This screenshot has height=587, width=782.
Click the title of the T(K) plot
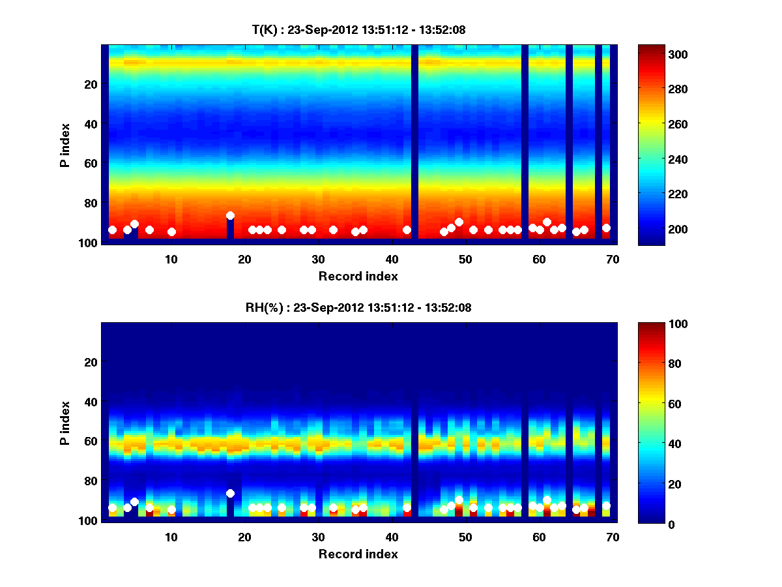pyautogui.click(x=358, y=29)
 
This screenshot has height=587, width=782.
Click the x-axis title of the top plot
pyautogui.click(x=358, y=277)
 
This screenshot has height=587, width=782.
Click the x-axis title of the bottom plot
pyautogui.click(x=358, y=554)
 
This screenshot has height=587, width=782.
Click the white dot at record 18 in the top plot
pyautogui.click(x=230, y=215)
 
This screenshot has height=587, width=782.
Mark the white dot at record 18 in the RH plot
pyautogui.click(x=230, y=494)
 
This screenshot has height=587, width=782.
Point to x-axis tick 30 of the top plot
pyautogui.click(x=318, y=258)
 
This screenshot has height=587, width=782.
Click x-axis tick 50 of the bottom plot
pyautogui.click(x=465, y=537)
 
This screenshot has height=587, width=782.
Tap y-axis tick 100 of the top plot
pyautogui.click(x=89, y=243)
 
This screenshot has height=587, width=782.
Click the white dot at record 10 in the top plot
pyautogui.click(x=171, y=232)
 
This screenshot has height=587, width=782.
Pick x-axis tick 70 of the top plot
pyautogui.click(x=613, y=258)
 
